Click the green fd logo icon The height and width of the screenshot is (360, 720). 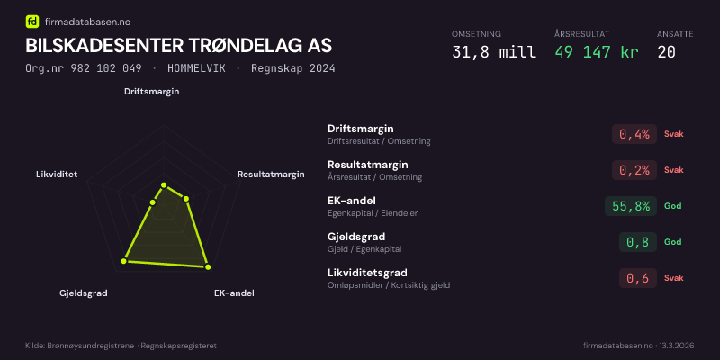[x=32, y=21]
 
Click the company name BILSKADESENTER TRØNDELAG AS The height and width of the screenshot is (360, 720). [x=178, y=46]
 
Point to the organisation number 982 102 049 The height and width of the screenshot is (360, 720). [x=106, y=68]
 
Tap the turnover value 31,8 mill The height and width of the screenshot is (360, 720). [x=494, y=52]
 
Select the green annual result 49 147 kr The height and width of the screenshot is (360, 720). [x=597, y=52]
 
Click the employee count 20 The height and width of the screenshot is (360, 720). [x=666, y=52]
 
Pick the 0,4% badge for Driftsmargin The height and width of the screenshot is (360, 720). [x=634, y=134]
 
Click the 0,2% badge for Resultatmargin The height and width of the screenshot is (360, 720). [x=634, y=170]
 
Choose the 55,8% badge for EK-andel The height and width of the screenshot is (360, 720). [x=631, y=206]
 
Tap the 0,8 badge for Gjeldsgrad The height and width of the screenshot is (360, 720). [x=638, y=242]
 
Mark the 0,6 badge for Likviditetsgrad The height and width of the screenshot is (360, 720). [x=638, y=278]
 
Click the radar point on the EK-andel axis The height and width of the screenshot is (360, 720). [x=208, y=266]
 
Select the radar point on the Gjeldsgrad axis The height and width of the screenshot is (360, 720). [x=123, y=261]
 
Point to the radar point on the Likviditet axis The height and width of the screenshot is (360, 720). [x=153, y=202]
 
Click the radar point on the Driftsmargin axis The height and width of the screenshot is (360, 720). [x=164, y=185]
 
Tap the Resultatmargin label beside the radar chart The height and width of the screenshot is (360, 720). [x=271, y=175]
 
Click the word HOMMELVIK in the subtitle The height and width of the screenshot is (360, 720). [x=196, y=68]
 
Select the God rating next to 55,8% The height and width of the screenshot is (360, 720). [x=672, y=206]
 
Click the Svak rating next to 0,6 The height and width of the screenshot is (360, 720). [x=673, y=278]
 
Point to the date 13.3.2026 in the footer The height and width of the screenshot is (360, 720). [x=677, y=346]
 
